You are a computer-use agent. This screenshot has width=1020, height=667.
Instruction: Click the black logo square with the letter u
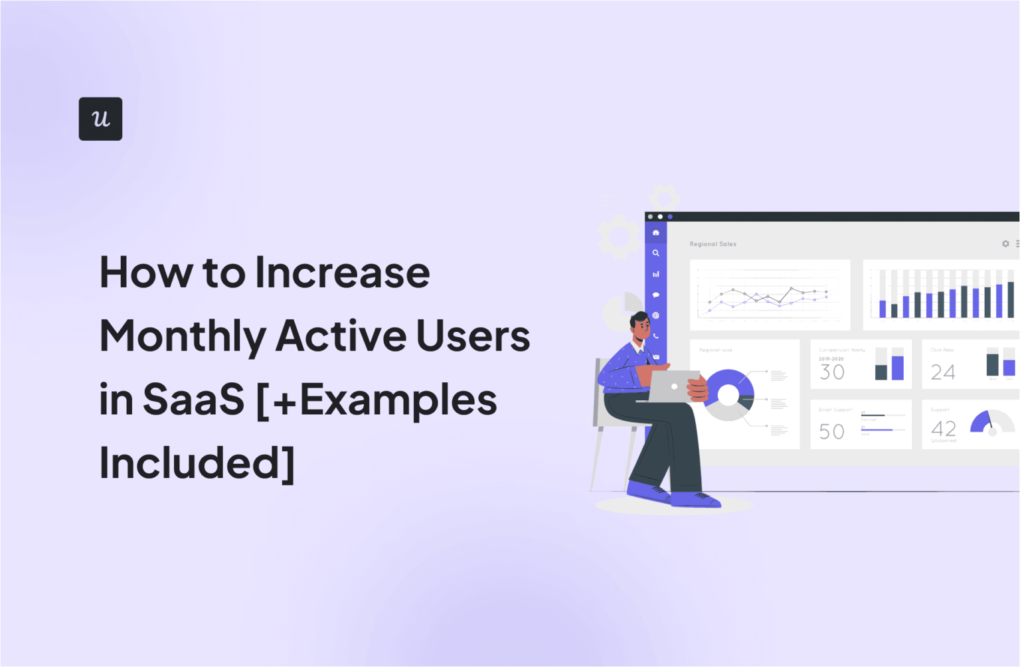click(100, 119)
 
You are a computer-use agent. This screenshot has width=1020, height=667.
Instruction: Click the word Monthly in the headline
click(183, 336)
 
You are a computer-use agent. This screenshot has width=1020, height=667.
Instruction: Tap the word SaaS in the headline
click(194, 400)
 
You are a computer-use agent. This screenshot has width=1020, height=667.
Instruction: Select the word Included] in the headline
click(197, 463)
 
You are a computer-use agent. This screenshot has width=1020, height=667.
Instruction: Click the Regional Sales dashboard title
click(713, 244)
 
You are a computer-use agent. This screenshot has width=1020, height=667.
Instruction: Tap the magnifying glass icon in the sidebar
click(655, 253)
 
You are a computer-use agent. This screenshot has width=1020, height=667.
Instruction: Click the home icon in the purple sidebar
click(655, 232)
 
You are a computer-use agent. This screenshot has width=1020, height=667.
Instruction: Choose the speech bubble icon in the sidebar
click(655, 295)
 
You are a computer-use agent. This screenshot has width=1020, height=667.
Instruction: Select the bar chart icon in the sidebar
click(655, 274)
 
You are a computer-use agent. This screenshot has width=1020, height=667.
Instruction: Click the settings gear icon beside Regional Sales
click(1005, 244)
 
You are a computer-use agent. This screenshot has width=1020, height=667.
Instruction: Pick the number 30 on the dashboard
click(832, 372)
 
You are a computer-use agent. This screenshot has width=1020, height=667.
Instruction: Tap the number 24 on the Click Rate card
click(943, 372)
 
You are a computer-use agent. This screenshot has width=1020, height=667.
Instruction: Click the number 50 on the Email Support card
click(832, 432)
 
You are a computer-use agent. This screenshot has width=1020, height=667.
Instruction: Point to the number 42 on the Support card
click(944, 428)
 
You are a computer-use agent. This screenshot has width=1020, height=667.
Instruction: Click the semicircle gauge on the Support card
click(992, 423)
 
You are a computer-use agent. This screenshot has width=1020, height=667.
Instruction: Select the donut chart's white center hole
click(728, 396)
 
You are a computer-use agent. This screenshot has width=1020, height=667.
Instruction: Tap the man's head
click(641, 325)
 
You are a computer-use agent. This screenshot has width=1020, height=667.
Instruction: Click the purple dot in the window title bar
click(670, 216)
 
